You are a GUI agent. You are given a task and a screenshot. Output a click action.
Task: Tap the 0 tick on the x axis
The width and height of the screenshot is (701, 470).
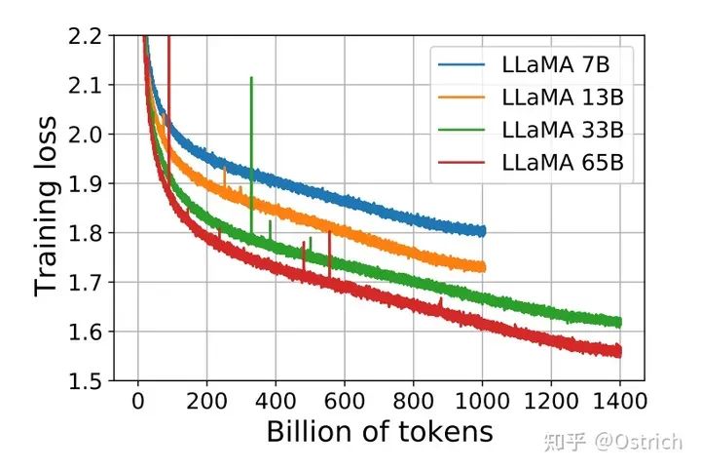coord(138,399)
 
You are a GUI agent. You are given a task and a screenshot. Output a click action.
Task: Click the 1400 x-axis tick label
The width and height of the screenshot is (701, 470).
coord(619,399)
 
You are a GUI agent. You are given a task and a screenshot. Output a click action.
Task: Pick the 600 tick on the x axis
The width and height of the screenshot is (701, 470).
coord(345,399)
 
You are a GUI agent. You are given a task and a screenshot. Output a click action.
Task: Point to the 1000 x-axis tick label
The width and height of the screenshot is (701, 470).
coord(482,399)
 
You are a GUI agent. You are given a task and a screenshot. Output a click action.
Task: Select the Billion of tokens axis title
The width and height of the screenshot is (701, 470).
coord(379,432)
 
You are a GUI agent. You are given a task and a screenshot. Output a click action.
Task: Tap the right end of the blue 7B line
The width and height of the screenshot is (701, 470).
coord(483,231)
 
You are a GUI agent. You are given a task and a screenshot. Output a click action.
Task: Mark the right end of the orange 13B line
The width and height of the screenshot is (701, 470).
coord(483,266)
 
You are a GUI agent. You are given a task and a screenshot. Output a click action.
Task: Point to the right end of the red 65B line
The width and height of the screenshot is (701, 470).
coord(619,351)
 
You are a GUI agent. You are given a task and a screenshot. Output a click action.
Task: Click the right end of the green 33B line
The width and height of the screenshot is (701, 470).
coord(619,322)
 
